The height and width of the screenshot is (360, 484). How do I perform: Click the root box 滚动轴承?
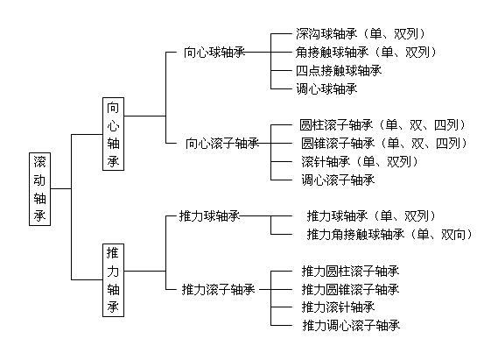41,188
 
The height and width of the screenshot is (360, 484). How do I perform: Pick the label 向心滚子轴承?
221,143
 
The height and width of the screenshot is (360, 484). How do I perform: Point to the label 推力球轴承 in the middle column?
209,215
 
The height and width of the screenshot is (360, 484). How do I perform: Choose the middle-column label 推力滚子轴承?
218,288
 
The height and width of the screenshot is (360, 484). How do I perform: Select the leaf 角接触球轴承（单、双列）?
365,53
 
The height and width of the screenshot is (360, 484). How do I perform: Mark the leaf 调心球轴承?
326,88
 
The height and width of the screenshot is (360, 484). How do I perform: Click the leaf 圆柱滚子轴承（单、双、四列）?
382,124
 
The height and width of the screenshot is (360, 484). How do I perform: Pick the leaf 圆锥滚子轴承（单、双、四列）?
382,143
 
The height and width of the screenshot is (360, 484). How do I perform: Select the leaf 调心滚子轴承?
338,180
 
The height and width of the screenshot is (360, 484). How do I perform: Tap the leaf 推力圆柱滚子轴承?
350,271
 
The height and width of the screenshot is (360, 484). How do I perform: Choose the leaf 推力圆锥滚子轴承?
350,289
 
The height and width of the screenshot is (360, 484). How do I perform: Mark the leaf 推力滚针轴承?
338,307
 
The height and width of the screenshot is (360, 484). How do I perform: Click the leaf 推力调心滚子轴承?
350,326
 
